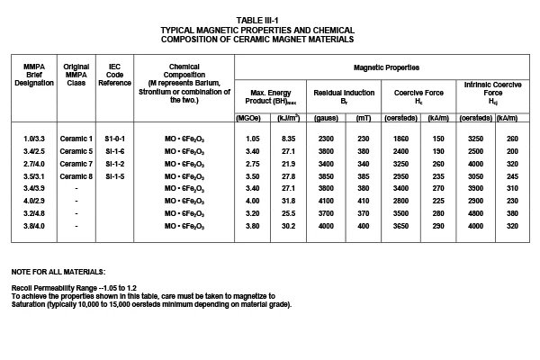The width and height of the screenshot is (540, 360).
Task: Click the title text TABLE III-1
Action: click(270, 19)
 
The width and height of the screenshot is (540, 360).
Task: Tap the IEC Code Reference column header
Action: click(114, 75)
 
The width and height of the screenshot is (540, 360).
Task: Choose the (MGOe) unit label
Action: click(247, 118)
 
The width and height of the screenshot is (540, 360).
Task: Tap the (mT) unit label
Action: click(363, 118)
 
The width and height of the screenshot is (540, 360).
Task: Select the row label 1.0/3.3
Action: click(36, 138)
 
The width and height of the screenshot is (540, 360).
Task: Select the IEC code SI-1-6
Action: click(114, 151)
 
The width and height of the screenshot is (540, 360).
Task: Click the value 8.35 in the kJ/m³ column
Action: click(289, 138)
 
